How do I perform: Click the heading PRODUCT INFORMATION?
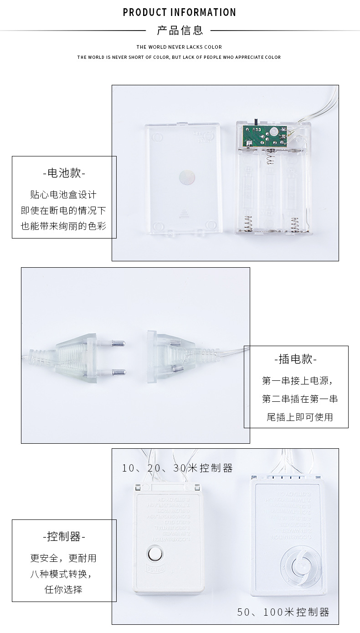tap(180, 12)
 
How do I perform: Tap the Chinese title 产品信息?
tap(180, 31)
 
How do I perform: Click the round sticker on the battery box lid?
tap(187, 176)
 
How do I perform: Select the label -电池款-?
tap(64, 173)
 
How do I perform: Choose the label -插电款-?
tap(296, 359)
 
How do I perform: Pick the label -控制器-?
tap(64, 536)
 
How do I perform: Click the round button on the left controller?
tap(155, 555)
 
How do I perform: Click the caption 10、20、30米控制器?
tap(177, 468)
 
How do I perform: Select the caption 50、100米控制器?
tap(283, 612)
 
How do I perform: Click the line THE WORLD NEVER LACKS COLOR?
tap(179, 47)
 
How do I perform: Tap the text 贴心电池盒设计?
tap(64, 195)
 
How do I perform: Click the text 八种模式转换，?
tap(64, 574)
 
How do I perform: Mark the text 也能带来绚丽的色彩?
tap(64, 226)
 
